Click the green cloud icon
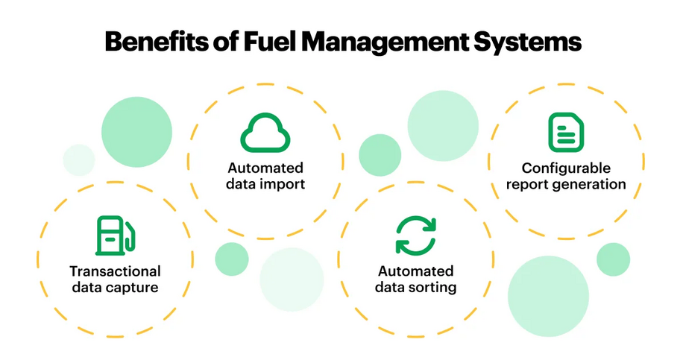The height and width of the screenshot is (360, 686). coord(265,133)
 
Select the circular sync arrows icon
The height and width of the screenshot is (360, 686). coord(415,236)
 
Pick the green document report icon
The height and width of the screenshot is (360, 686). coord(566,133)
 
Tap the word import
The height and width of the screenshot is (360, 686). coord(283,184)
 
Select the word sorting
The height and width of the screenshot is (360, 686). coord(433,287)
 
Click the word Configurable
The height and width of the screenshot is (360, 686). coord(566,168)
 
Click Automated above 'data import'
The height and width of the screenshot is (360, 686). coord(265,168)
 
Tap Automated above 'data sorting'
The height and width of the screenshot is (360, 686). coord(415,271)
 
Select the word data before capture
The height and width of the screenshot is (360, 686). coord(88,287)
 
